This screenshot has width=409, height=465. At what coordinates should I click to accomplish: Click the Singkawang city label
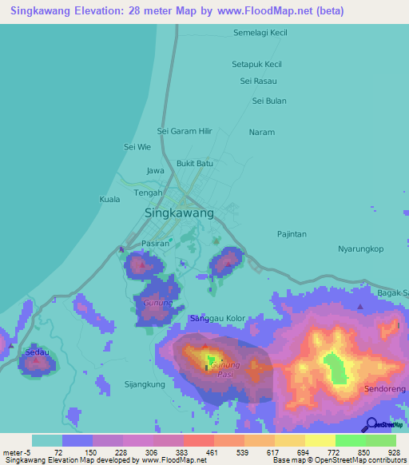click(x=179, y=213)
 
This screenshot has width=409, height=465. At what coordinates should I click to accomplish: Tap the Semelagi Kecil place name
click(x=260, y=33)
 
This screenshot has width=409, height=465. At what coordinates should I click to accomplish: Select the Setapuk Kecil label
click(x=256, y=64)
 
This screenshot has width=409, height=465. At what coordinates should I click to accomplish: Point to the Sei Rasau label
click(x=258, y=81)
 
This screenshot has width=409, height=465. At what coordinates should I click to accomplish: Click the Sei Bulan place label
click(x=269, y=101)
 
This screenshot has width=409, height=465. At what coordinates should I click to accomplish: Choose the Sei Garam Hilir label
click(x=185, y=131)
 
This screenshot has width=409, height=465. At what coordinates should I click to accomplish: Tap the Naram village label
click(x=261, y=132)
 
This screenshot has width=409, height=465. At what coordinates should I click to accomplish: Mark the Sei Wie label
click(x=137, y=147)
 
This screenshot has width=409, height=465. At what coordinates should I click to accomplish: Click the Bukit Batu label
click(x=195, y=163)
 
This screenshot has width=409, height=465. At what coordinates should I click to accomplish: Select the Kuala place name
click(x=109, y=199)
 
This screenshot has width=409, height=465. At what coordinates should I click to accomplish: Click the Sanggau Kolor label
click(x=217, y=319)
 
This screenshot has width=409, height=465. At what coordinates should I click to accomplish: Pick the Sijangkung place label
click(x=145, y=384)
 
